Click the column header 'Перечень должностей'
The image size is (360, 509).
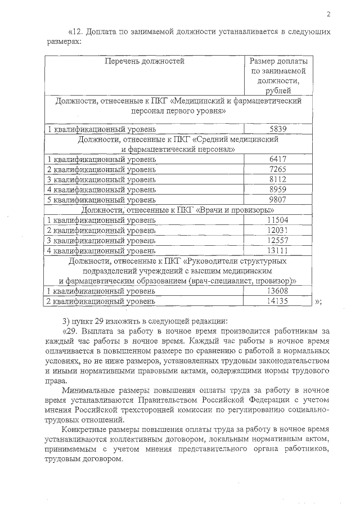[x=145, y=61]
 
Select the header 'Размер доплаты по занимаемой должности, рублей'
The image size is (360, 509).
[x=278, y=75]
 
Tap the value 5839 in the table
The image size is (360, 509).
[x=278, y=129]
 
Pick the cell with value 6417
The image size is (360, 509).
[x=278, y=160]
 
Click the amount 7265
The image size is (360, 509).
[x=278, y=169]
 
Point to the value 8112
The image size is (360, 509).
[x=278, y=179]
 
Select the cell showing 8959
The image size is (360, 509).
[x=278, y=189]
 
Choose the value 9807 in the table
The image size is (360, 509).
[x=278, y=199]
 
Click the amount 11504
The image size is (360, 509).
[x=278, y=220]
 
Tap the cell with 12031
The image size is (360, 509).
[x=278, y=230]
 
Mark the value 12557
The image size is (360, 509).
[x=278, y=240]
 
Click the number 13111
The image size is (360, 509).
[x=278, y=250]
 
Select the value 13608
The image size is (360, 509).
[x=278, y=291]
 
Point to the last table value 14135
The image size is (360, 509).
[x=278, y=301]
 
